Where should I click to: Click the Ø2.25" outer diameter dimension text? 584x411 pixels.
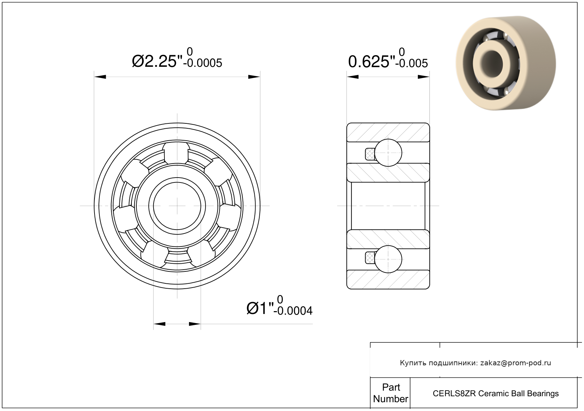point(157,62)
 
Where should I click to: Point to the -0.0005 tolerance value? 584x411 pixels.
point(203,63)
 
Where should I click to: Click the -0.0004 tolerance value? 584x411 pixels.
point(293,311)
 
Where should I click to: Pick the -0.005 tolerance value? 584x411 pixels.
point(412,63)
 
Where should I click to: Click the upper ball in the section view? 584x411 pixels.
point(388,153)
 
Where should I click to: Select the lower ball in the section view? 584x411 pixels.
point(388,259)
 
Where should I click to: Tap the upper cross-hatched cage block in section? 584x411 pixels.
point(370,154)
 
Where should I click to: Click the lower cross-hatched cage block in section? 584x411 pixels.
point(370,258)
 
